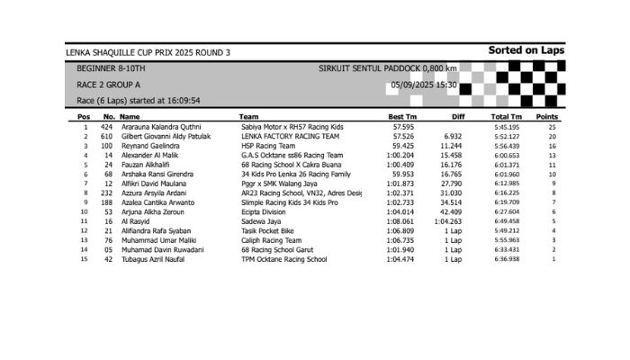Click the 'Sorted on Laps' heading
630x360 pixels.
tap(526, 51)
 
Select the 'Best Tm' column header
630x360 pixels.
tap(401, 117)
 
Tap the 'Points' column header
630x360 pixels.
tap(547, 117)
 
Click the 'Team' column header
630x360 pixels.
tap(249, 117)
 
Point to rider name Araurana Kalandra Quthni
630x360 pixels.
tap(159, 127)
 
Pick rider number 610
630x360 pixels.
tap(106, 136)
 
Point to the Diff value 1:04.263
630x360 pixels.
tap(447, 220)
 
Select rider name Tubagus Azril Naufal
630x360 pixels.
tap(154, 259)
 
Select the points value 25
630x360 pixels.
tap(553, 127)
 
